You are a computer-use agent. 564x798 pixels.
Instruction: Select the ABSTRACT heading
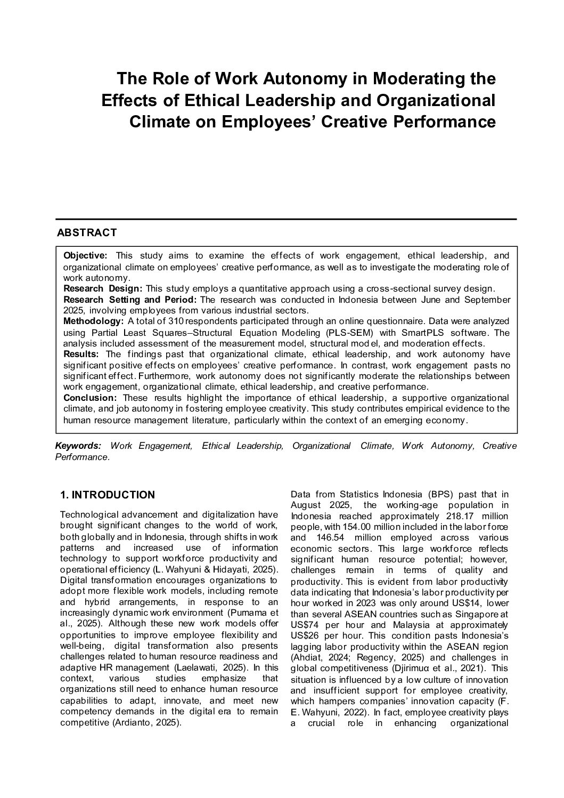click(x=87, y=233)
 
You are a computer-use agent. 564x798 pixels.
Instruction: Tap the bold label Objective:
click(x=85, y=255)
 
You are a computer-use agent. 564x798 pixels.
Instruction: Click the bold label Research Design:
click(x=103, y=288)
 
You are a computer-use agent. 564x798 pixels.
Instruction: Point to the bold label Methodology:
click(x=93, y=321)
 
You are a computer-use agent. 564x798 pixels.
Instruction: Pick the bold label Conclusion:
click(x=90, y=398)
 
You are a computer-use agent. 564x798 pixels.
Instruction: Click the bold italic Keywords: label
click(x=78, y=446)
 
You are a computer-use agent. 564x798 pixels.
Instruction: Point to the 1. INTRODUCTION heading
click(x=108, y=495)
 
